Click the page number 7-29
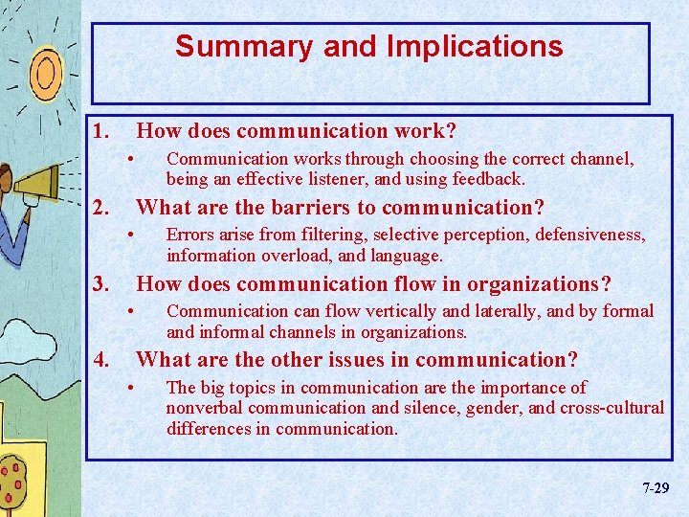[656, 488]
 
